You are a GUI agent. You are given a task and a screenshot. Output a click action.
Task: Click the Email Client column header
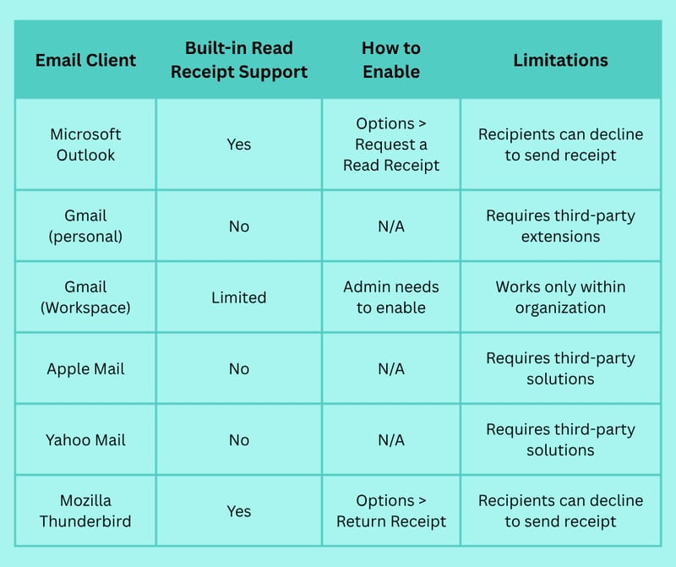[85, 60]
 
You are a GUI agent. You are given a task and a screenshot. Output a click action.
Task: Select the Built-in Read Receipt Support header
[239, 60]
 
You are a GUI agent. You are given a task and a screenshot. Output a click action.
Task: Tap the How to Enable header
[391, 60]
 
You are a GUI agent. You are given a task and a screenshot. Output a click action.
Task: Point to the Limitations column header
[560, 60]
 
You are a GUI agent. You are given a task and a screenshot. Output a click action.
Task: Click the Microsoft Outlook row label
[85, 144]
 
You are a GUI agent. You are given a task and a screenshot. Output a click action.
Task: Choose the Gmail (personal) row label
[85, 226]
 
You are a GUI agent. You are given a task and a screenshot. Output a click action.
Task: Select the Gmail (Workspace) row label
[85, 297]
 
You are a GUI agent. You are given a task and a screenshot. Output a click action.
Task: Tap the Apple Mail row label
[85, 369]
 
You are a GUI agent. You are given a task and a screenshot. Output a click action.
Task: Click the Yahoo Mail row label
[85, 439]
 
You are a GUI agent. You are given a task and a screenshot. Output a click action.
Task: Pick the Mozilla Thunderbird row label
[85, 511]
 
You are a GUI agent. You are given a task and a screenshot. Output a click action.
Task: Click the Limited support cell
[239, 297]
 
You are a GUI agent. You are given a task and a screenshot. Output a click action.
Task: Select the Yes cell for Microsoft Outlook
[239, 144]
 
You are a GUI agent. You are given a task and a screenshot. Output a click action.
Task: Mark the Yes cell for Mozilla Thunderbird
[239, 511]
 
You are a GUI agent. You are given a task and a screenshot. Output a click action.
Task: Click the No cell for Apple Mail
[239, 368]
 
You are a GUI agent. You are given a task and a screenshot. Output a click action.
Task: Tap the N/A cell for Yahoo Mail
[391, 439]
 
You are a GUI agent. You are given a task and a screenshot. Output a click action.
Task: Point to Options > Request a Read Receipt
[391, 144]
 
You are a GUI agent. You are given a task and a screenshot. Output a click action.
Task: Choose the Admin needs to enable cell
[391, 297]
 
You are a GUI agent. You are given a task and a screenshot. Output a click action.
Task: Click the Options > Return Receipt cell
[391, 511]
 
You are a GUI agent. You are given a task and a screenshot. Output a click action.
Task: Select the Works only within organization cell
[560, 297]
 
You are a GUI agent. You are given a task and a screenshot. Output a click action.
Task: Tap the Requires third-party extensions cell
[560, 226]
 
